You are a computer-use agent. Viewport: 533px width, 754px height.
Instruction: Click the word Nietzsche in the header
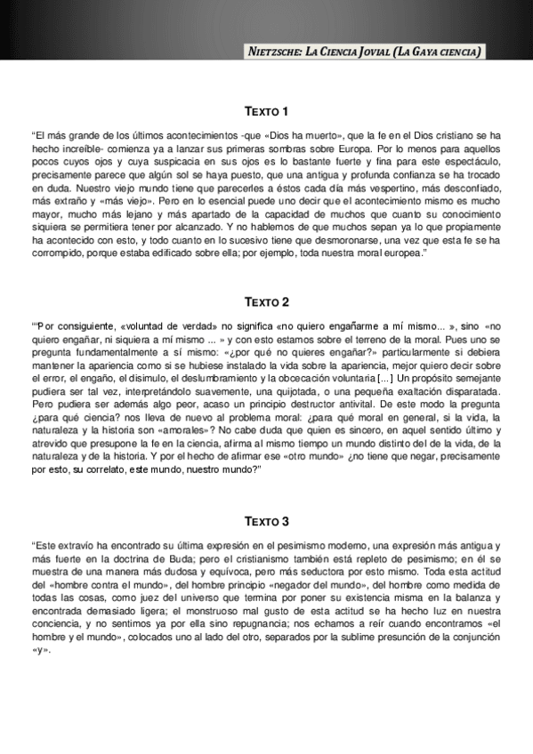point(278,52)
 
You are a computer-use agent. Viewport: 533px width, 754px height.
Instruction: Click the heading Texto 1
point(266,111)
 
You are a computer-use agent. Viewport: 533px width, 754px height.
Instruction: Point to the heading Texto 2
point(266,302)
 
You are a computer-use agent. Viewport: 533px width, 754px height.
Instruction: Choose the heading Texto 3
point(266,520)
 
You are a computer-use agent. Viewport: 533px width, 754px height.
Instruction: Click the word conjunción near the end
point(466,636)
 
